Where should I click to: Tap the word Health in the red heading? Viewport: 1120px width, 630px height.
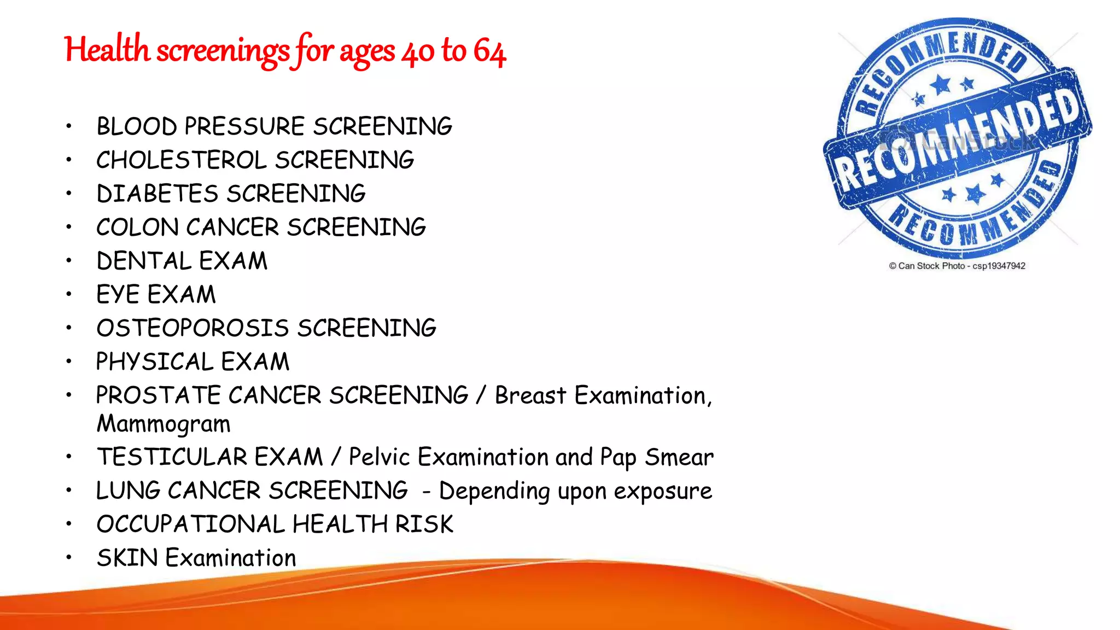[107, 49]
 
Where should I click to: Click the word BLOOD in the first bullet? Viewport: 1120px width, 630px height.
[137, 126]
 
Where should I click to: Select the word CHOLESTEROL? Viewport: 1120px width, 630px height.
[182, 160]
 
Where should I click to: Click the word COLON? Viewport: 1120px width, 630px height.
[137, 227]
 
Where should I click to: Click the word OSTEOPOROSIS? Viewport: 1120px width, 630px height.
[192, 328]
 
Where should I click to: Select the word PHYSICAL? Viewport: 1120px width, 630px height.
[155, 361]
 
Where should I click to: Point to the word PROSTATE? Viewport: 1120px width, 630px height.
[159, 395]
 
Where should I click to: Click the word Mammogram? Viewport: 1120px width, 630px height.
[164, 424]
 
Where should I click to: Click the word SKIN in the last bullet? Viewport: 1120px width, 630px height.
[127, 558]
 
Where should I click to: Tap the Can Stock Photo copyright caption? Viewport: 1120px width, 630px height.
[956, 266]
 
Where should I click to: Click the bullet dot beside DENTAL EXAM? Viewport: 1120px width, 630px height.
[69, 261]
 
